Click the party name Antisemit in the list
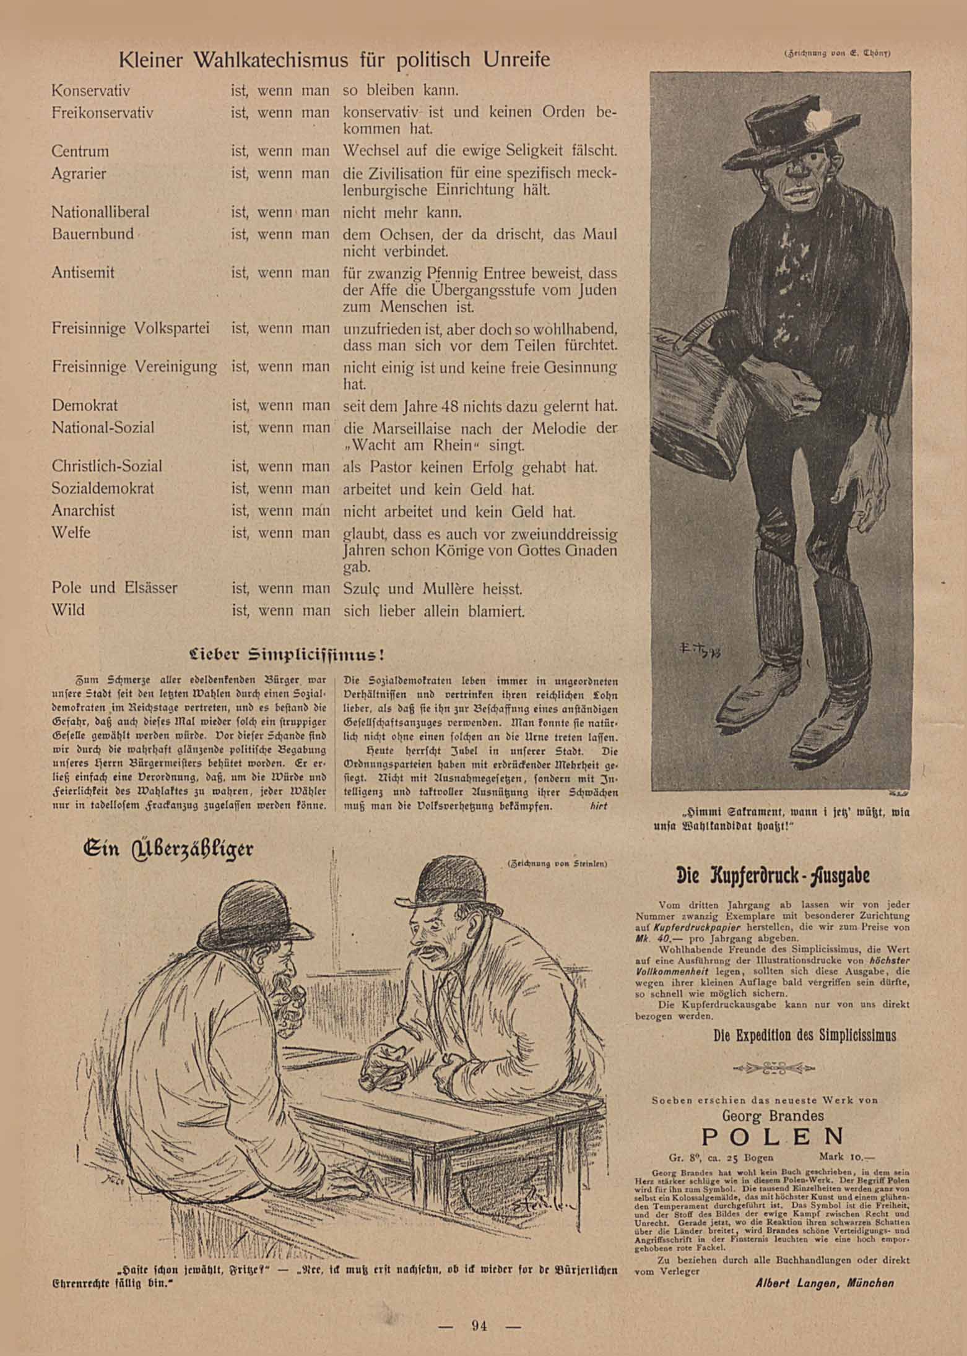(x=83, y=272)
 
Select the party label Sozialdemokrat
(x=103, y=488)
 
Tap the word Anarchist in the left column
(x=83, y=511)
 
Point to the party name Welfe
(x=71, y=532)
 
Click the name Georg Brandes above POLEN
(x=773, y=1115)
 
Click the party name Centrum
(x=80, y=151)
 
